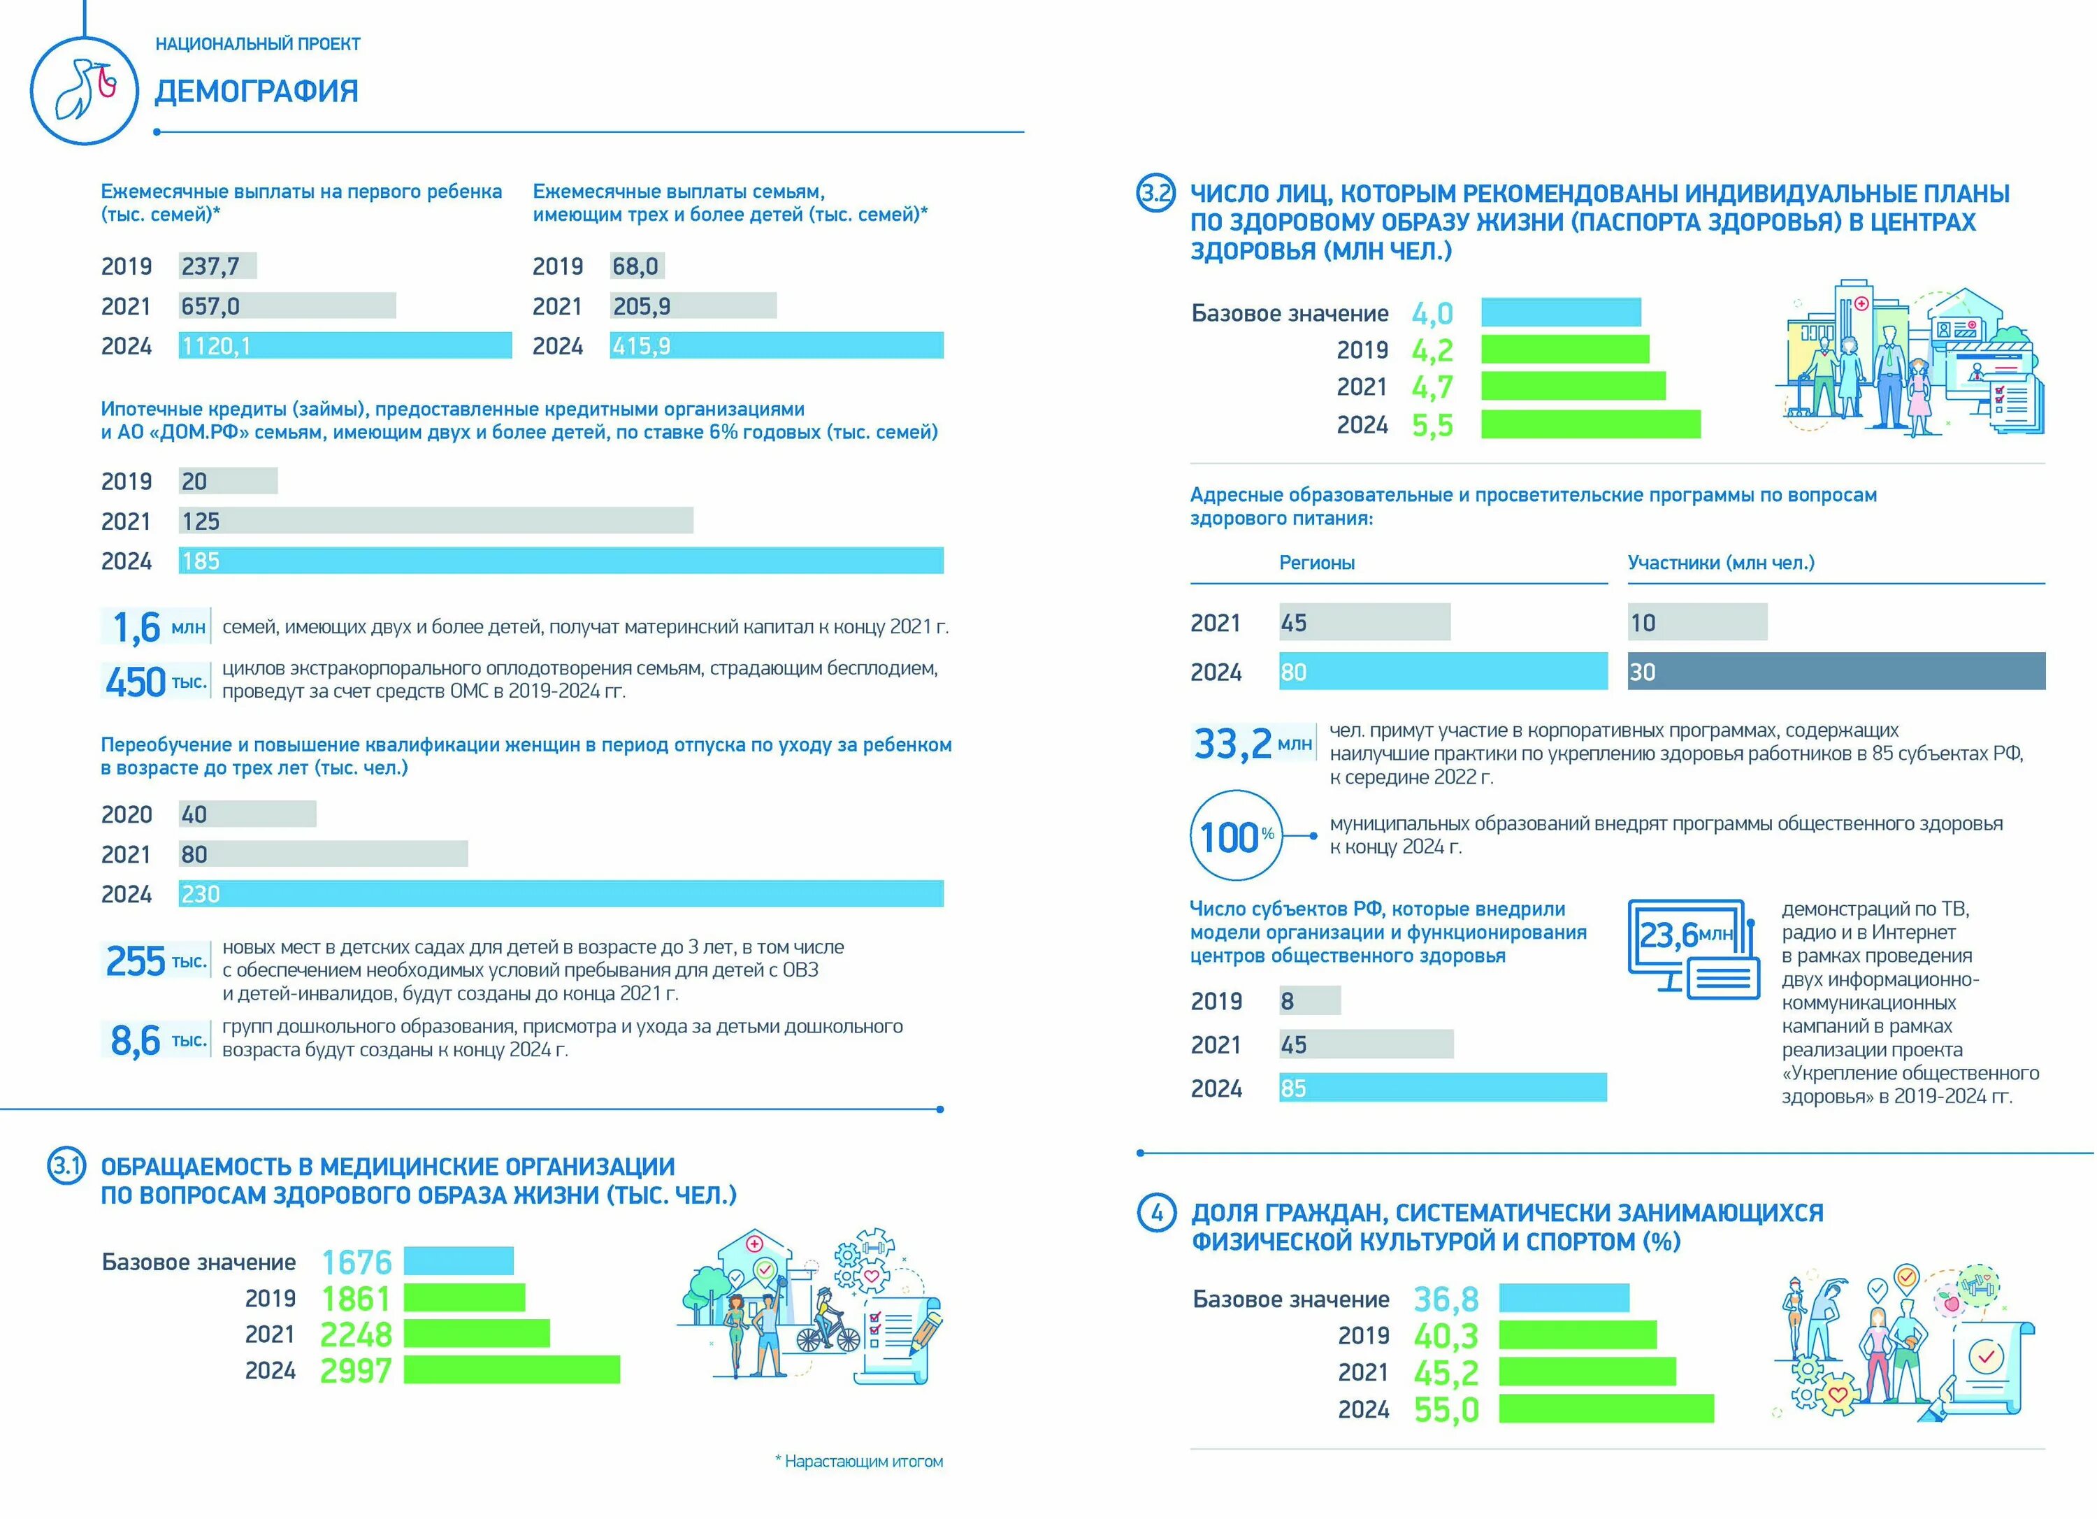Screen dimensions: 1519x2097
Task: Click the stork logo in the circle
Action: [x=84, y=89]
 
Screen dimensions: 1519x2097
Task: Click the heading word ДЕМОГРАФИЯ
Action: [x=256, y=92]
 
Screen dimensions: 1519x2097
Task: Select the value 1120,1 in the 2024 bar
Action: [x=217, y=346]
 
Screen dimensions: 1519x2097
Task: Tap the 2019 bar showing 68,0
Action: [x=637, y=266]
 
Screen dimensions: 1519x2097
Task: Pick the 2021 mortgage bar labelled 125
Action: [x=435, y=521]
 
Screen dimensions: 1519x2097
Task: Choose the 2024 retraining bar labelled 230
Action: [x=561, y=894]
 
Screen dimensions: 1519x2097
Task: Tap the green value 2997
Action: [x=356, y=1370]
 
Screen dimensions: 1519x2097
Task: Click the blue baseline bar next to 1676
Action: [x=459, y=1261]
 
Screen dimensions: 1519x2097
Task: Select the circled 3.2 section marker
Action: [x=1155, y=194]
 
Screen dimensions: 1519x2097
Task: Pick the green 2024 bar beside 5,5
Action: [x=1590, y=424]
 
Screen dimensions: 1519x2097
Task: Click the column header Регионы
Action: [x=1317, y=563]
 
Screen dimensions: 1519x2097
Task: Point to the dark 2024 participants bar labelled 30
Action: [x=1836, y=671]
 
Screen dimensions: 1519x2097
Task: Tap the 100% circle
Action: [x=1235, y=837]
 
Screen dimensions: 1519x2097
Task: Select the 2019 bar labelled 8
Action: [x=1309, y=1000]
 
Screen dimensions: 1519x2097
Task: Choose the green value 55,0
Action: [x=1446, y=1410]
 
